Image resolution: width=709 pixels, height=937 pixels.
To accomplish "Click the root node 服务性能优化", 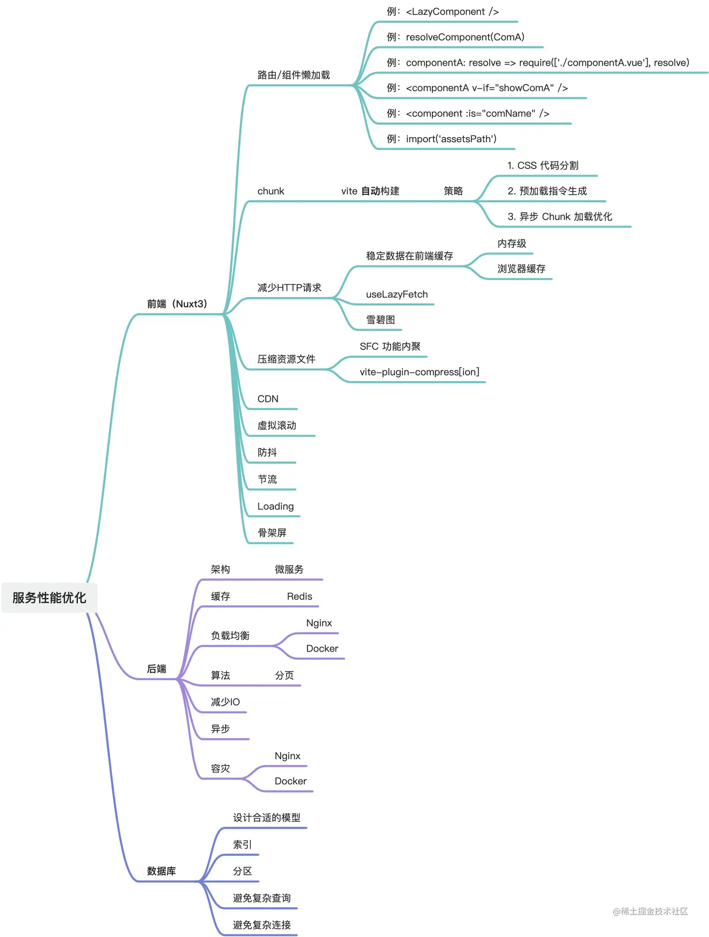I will (x=49, y=598).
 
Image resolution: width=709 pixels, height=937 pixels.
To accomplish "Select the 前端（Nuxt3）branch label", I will (x=177, y=304).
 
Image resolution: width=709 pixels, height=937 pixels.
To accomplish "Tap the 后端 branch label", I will (x=157, y=668).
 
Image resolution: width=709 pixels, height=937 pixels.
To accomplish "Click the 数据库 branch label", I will (x=161, y=871).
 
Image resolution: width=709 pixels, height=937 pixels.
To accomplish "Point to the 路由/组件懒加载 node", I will (x=294, y=75).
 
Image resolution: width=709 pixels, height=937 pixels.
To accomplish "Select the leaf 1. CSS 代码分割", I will (x=543, y=165).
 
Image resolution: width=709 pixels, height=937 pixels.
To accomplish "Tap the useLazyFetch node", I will (x=397, y=294).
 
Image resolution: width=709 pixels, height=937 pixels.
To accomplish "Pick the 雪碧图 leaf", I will (x=380, y=320).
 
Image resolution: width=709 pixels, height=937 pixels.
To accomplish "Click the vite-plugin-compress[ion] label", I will (x=419, y=372).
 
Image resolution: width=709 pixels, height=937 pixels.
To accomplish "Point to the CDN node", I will (x=268, y=399).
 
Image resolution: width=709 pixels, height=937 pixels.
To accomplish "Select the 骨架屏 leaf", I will (x=272, y=533).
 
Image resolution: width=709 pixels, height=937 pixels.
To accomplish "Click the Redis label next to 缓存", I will (x=299, y=596).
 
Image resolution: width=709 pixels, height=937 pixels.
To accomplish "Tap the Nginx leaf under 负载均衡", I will (x=319, y=623).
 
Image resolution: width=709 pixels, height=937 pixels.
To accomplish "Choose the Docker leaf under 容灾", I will (x=290, y=781).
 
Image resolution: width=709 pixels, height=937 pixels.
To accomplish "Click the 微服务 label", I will (x=289, y=569).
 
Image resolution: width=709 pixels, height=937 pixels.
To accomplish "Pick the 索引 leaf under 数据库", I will (x=242, y=845).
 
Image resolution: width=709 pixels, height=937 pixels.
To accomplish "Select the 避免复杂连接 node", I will (x=262, y=925).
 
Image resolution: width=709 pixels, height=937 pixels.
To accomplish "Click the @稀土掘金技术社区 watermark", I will (x=650, y=911).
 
